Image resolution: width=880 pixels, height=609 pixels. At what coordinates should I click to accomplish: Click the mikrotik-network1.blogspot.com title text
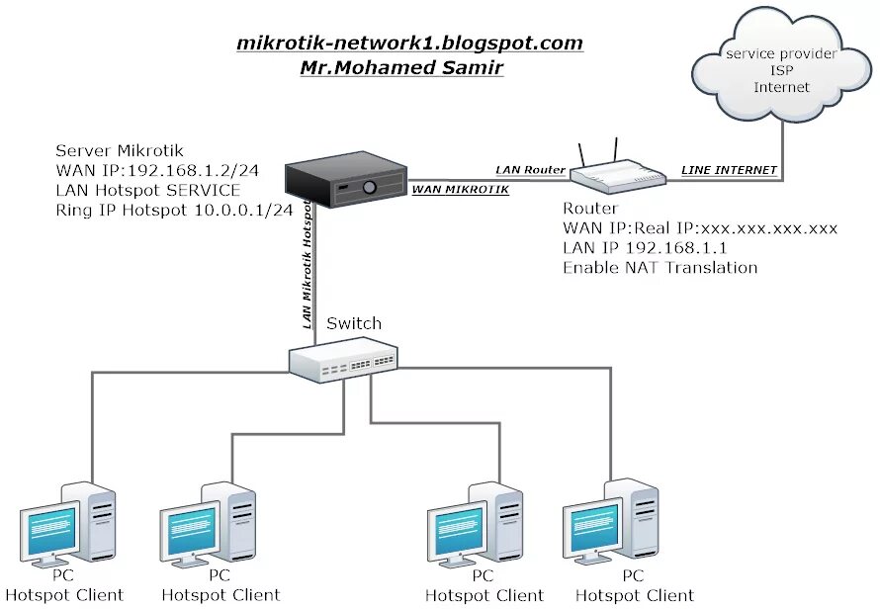(x=409, y=43)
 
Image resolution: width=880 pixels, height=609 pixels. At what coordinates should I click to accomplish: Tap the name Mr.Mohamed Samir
(x=401, y=67)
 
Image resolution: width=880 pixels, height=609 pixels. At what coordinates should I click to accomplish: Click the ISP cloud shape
(x=781, y=65)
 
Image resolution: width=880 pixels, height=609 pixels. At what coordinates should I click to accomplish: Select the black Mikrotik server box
(x=346, y=179)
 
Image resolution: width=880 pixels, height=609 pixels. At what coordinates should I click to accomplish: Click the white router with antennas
(x=618, y=168)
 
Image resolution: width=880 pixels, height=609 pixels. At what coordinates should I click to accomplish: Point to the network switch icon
(x=343, y=360)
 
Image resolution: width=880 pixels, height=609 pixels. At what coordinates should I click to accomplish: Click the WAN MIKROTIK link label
(x=460, y=190)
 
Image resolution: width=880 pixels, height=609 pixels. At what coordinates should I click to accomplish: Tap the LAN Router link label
(x=530, y=170)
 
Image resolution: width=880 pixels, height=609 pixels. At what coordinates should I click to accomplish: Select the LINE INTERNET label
(x=729, y=170)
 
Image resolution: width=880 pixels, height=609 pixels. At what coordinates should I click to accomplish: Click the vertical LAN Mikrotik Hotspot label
(x=307, y=264)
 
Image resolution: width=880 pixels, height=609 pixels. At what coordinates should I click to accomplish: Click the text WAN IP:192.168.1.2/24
(x=157, y=170)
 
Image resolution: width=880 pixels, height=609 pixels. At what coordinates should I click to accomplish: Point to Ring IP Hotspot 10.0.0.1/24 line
(x=174, y=210)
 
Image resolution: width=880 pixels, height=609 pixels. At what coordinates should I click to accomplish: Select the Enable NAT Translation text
(x=660, y=267)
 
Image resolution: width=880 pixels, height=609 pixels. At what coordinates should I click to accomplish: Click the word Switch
(x=354, y=323)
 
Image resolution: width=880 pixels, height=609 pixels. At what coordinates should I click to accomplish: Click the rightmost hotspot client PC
(x=611, y=521)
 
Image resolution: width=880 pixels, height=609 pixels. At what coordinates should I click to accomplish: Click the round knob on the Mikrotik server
(x=369, y=187)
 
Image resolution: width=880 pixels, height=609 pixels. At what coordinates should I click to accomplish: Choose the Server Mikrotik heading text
(x=120, y=150)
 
